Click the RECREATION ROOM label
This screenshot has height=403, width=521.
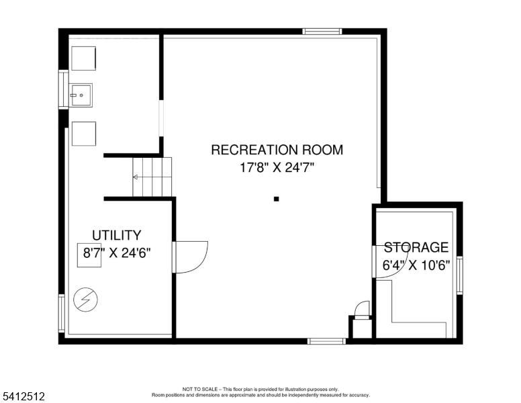(x=277, y=150)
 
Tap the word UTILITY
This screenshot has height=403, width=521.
(x=117, y=235)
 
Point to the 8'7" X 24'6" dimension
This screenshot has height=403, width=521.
(x=117, y=253)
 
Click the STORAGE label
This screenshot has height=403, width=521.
(x=416, y=247)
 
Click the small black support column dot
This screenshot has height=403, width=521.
(x=276, y=199)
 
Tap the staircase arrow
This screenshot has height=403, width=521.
(x=136, y=177)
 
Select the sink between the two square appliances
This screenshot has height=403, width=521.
(x=81, y=96)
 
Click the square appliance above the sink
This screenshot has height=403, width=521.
(x=84, y=58)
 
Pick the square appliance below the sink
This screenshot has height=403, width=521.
(x=84, y=133)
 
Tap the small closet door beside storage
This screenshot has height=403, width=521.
(x=362, y=309)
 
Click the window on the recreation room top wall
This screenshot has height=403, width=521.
(x=322, y=31)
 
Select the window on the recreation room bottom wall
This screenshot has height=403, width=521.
(x=327, y=341)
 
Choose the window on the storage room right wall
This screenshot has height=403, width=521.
(x=460, y=275)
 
